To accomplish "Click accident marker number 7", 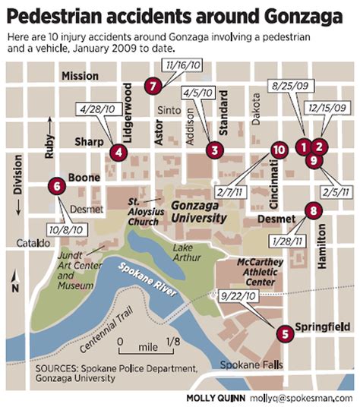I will pos(153,85).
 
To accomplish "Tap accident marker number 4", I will pos(117,153).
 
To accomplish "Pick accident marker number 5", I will pos(284,332).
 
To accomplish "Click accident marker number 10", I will pos(279,150).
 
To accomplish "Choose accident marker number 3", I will pos(216,150).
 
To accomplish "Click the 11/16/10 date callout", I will pos(183,69).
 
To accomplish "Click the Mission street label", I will pos(81,76).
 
